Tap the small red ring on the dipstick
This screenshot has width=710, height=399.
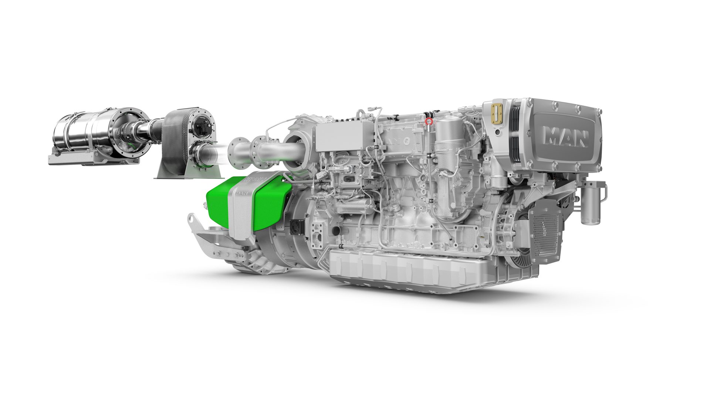coord(429,121)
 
